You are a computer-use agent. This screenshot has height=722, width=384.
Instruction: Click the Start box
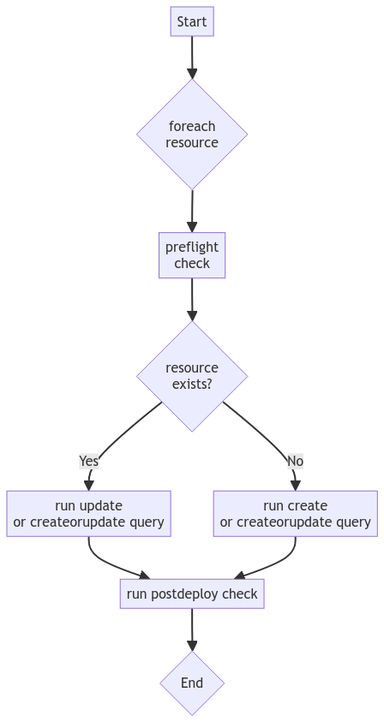tap(192, 22)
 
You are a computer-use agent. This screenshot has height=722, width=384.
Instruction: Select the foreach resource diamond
tap(192, 134)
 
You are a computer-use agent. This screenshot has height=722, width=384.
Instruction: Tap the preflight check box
tap(192, 255)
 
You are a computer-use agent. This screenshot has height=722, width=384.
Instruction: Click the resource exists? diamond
tap(192, 376)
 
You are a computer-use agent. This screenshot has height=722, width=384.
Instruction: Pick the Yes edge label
tap(89, 461)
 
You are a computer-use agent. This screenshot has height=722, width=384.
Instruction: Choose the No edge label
tap(295, 461)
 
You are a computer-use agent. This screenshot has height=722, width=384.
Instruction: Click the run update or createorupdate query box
tap(88, 513)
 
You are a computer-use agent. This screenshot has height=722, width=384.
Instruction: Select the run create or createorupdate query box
tap(295, 513)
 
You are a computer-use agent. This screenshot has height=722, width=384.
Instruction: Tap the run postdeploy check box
tap(192, 594)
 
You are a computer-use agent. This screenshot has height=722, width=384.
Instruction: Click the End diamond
tap(192, 683)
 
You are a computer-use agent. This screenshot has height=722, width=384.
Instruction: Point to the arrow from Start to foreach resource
tap(192, 57)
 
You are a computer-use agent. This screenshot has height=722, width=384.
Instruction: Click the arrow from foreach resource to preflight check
tap(192, 210)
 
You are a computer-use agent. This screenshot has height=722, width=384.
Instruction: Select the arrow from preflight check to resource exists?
tap(192, 300)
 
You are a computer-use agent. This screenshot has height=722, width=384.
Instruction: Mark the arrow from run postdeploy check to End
tap(192, 630)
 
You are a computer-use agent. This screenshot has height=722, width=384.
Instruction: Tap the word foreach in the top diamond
tap(192, 127)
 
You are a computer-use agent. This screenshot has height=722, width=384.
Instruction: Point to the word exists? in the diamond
tap(192, 385)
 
